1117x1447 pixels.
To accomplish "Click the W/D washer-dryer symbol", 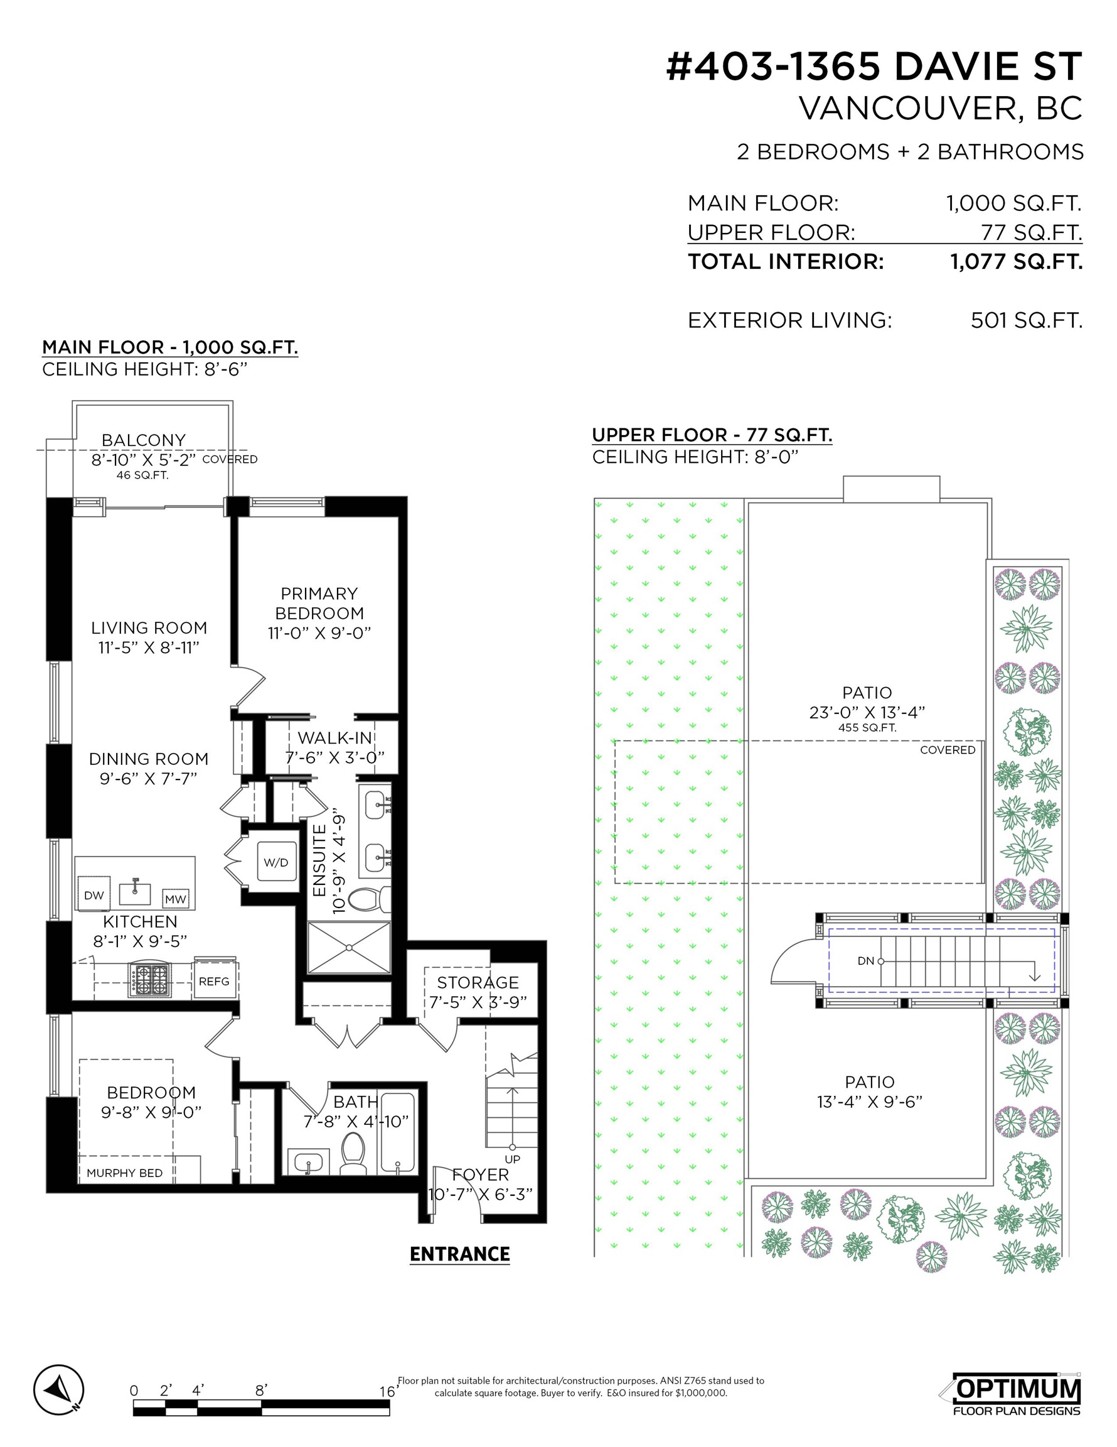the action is point(276,861).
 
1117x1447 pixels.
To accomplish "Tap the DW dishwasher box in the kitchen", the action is point(94,895).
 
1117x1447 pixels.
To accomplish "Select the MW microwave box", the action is point(176,899).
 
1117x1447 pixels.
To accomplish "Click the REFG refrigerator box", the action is point(214,980).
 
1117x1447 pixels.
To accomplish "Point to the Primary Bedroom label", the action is point(319,603).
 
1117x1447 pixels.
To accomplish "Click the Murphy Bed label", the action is point(124,1173).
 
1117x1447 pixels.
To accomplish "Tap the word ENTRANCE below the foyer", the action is point(459,1254).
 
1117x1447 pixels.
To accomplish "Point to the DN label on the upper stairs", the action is point(865,961).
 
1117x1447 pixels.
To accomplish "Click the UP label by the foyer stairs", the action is point(513,1159).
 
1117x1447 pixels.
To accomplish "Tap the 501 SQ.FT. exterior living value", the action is point(1026,320).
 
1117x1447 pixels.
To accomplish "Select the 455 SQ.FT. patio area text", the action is point(867,727).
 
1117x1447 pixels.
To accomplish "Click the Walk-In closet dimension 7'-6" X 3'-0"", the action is point(335,757).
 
